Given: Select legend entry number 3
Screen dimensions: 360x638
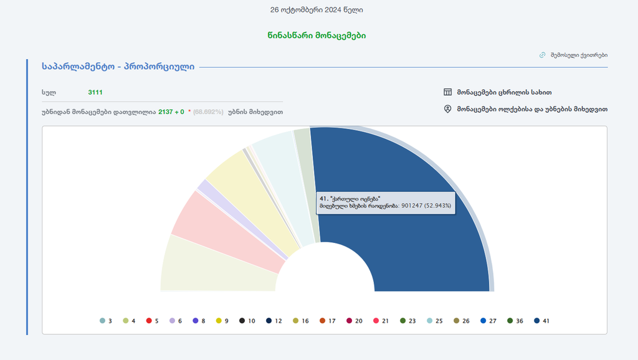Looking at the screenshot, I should [x=106, y=321].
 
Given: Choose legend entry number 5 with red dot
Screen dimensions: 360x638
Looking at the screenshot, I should [x=153, y=321].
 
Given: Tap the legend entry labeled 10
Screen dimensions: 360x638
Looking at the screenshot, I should [x=247, y=321].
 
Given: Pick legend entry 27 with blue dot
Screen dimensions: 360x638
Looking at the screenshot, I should [x=488, y=321].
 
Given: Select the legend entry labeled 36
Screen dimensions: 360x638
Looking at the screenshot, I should [x=515, y=321].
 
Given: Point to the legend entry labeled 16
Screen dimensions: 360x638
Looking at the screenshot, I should [x=300, y=321].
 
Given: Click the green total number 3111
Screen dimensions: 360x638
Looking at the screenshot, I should [x=95, y=92].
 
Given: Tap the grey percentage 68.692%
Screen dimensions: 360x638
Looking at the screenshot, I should [x=208, y=112].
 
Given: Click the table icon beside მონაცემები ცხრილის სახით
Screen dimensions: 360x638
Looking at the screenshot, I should [x=447, y=92].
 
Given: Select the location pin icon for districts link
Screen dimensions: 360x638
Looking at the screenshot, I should [x=447, y=109].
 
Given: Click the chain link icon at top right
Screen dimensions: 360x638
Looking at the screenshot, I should [x=542, y=55].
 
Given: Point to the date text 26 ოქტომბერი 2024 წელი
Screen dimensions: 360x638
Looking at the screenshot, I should [x=317, y=10].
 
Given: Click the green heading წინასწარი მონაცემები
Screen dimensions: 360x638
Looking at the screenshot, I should [x=321, y=36].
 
